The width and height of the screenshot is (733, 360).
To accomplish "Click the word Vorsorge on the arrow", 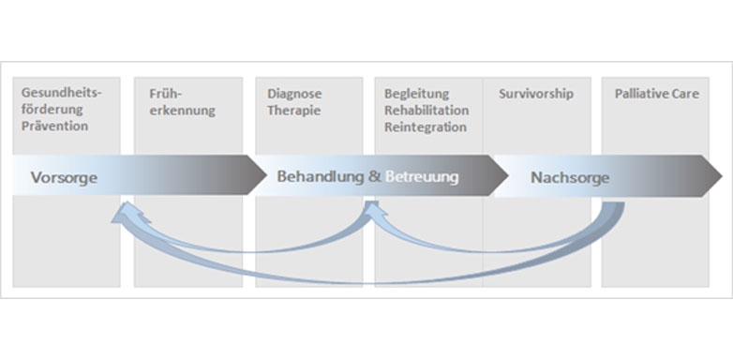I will [64, 177].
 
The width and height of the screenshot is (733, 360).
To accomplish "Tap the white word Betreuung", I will [422, 176].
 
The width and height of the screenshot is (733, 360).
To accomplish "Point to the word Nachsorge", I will [570, 177].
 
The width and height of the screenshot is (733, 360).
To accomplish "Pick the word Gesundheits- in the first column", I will [60, 94].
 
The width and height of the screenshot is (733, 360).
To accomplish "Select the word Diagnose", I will [294, 94].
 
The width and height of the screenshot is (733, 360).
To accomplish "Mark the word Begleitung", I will [417, 94].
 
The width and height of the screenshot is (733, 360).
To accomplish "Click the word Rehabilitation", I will [426, 110].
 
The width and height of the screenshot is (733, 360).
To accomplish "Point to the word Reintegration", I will [425, 126].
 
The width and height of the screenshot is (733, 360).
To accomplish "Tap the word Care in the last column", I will [685, 94].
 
